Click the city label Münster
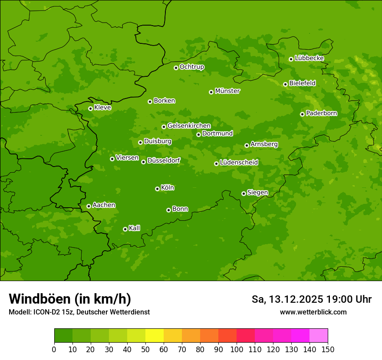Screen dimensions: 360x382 [227, 91]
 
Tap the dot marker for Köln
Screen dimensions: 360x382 [157, 189]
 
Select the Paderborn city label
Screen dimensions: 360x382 [321, 113]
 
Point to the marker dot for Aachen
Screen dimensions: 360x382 [89, 206]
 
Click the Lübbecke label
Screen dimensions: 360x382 [309, 58]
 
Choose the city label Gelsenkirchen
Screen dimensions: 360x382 [189, 126]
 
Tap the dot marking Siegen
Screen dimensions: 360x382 [244, 193]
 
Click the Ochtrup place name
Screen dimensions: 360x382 [191, 67]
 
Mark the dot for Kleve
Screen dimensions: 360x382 [90, 108]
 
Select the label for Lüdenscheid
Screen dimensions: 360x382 [239, 163]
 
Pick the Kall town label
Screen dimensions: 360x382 [134, 228]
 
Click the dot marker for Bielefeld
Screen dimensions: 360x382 [285, 84]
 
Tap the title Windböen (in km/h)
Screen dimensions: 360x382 [70, 299]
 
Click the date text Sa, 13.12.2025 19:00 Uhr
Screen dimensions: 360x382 [311, 299]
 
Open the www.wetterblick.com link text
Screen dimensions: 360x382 [313, 312]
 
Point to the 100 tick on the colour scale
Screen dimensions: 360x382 [237, 349]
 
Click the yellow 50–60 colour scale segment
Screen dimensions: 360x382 [155, 336]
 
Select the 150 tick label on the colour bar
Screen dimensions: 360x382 [328, 349]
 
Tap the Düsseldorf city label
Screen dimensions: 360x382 [164, 160]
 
